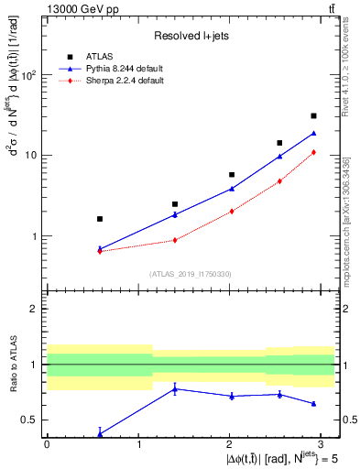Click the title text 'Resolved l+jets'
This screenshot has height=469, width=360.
[x=190, y=36]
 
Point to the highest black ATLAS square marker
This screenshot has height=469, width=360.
[x=313, y=116]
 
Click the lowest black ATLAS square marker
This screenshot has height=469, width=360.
[x=100, y=219]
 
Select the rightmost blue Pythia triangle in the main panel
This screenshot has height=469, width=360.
[x=313, y=134]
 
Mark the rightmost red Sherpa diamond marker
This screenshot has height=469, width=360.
[x=313, y=152]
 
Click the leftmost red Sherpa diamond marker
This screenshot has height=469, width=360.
[x=100, y=251]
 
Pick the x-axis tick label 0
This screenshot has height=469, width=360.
[x=47, y=443]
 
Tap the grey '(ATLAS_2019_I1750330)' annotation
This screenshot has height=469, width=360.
[x=190, y=274]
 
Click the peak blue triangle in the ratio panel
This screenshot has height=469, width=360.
[x=175, y=388]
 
